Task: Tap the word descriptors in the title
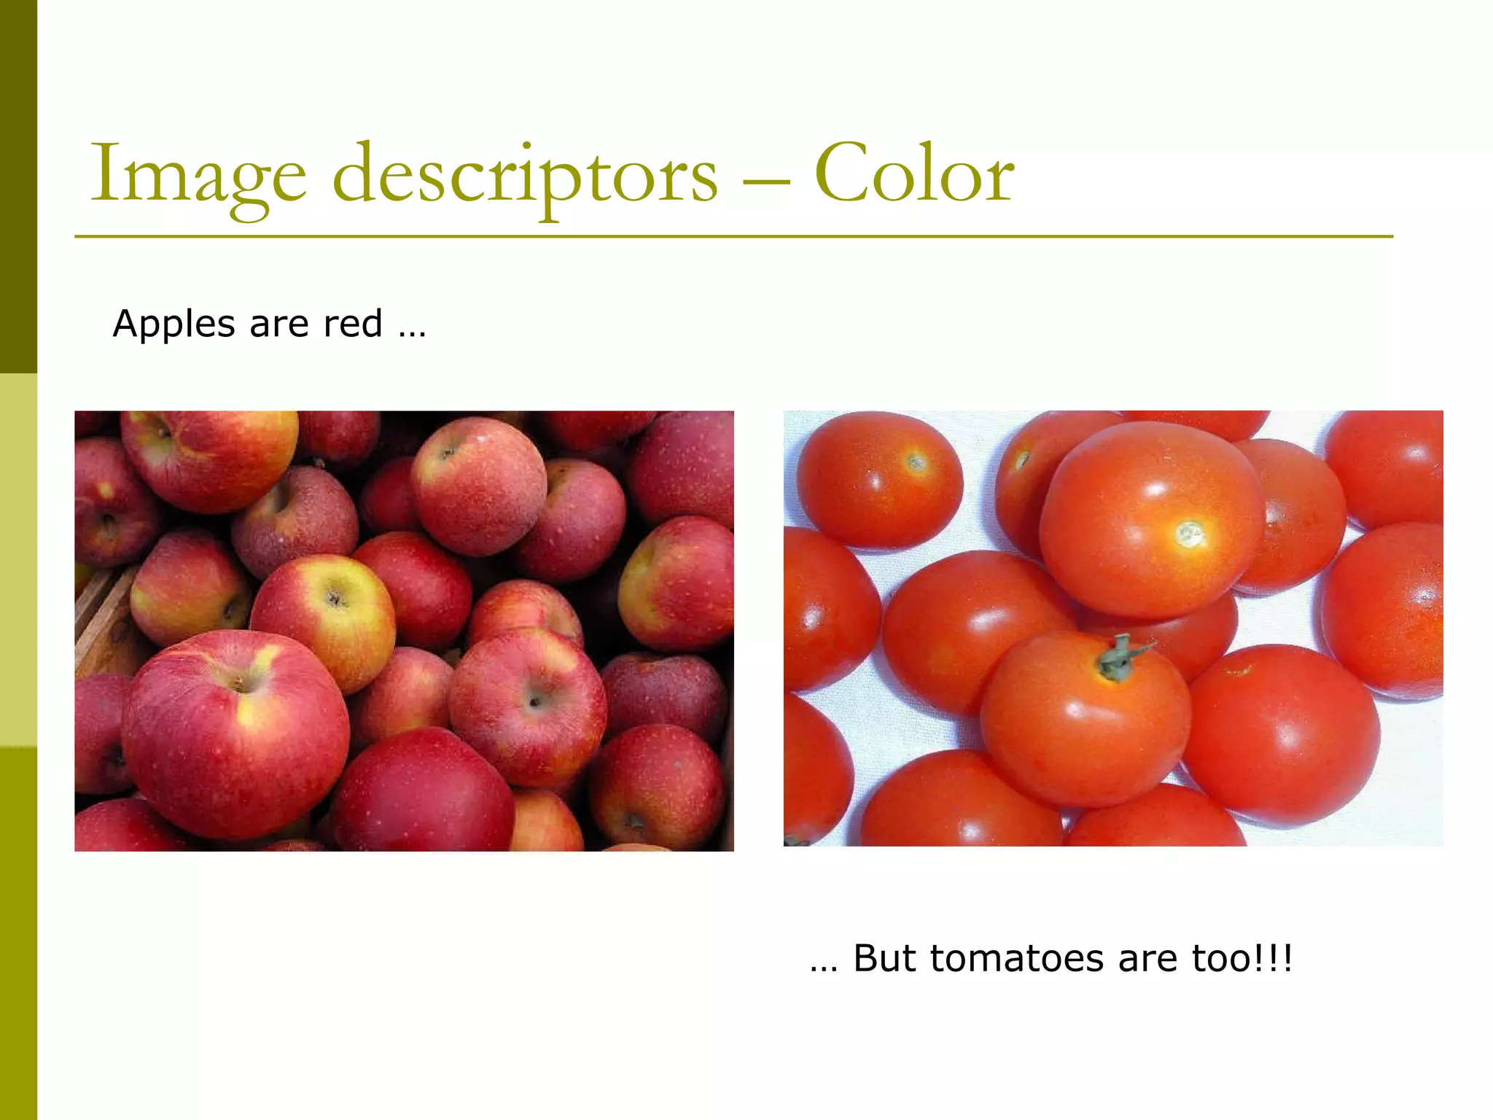pos(525,175)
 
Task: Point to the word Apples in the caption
pos(174,324)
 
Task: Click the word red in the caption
pos(353,324)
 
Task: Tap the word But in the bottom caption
pos(884,958)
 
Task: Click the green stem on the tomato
pos(1119,657)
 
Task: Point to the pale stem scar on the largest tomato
pos(1190,534)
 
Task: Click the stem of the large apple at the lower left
pos(239,683)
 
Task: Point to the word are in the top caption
pos(279,325)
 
